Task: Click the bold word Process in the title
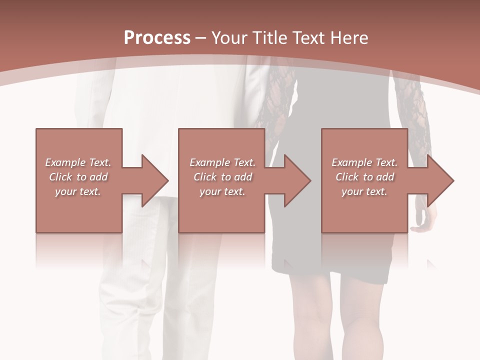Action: (157, 38)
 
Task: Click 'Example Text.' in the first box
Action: (78, 162)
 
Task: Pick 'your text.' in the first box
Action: (78, 191)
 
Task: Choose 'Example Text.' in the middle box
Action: (222, 162)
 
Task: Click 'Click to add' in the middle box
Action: (222, 177)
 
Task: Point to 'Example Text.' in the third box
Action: (364, 162)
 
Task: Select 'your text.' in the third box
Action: (364, 191)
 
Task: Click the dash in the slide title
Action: (201, 38)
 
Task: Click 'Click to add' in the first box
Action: (78, 177)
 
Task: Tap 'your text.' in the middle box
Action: (222, 191)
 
